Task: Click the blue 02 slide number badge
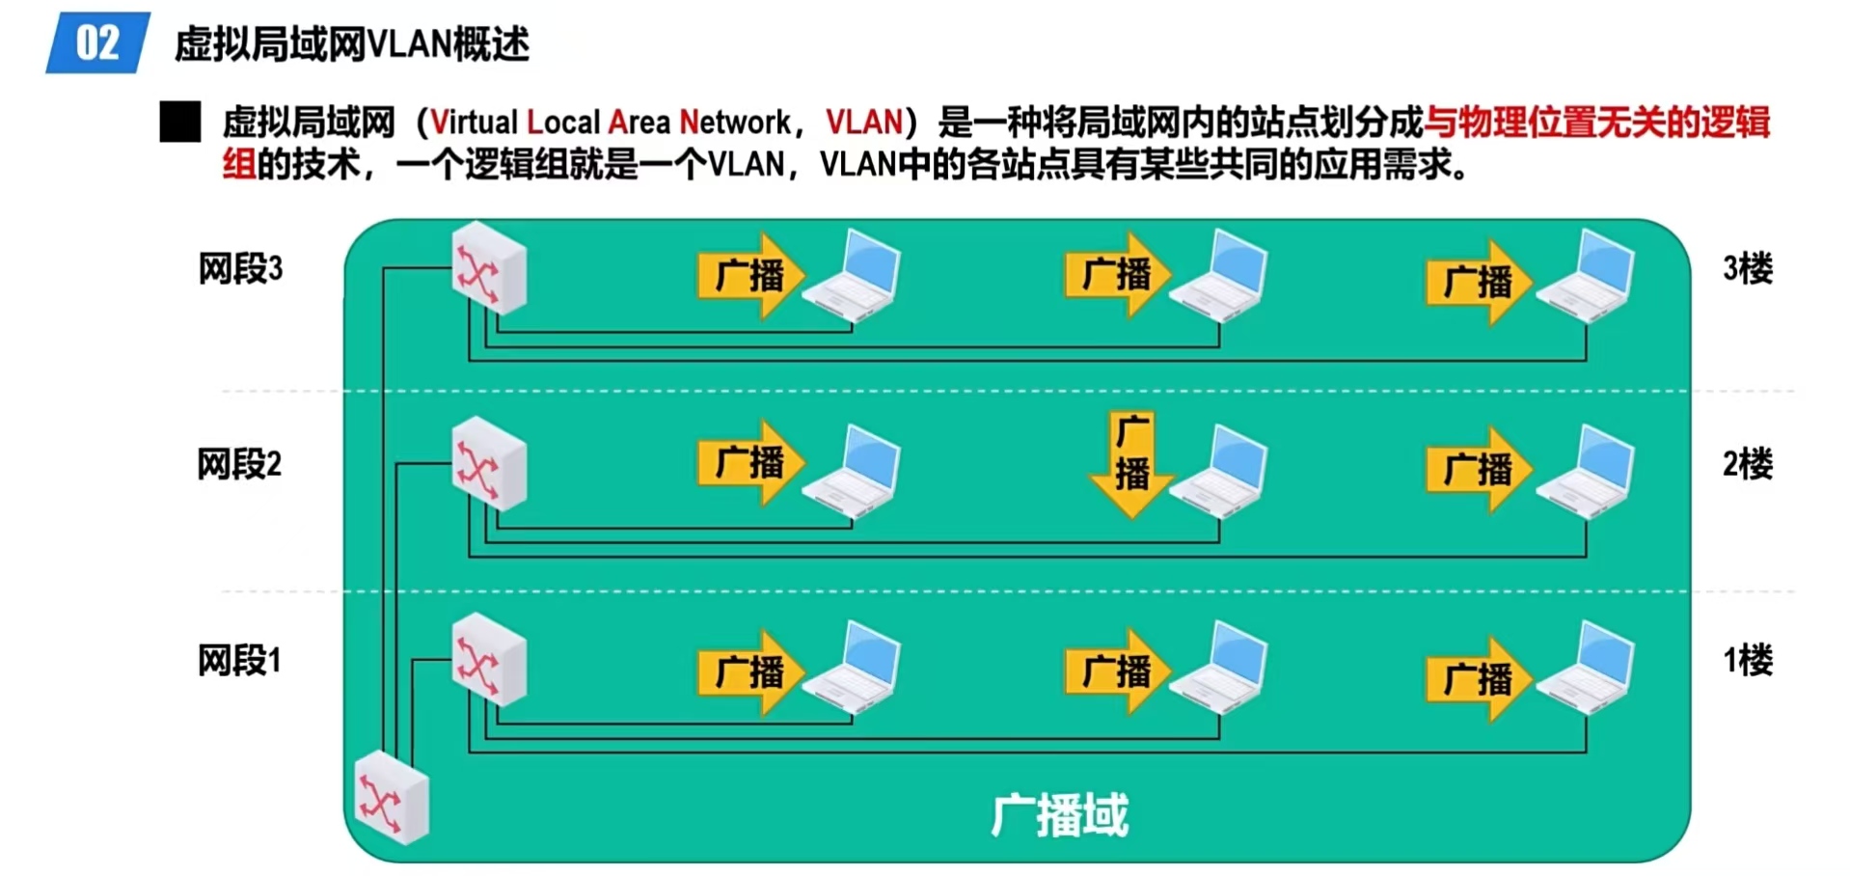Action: click(x=97, y=43)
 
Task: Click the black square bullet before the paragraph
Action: click(x=180, y=123)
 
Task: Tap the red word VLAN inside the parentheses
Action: click(x=863, y=123)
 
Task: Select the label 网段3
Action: click(x=240, y=268)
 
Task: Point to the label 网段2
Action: click(x=239, y=464)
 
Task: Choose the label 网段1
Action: click(x=239, y=661)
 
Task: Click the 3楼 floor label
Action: click(x=1747, y=268)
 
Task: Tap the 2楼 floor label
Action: click(x=1747, y=464)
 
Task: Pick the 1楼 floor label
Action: click(x=1747, y=661)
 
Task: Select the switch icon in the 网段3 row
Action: click(x=489, y=269)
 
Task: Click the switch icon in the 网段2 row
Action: click(x=489, y=464)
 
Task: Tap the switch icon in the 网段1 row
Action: click(x=489, y=661)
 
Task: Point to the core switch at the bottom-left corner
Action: click(x=392, y=798)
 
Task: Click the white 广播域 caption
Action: click(x=1059, y=816)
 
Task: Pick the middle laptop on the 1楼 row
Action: click(x=1219, y=668)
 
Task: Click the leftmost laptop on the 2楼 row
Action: click(x=853, y=472)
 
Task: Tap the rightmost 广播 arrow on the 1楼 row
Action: click(x=1479, y=678)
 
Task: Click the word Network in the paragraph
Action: click(x=735, y=123)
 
